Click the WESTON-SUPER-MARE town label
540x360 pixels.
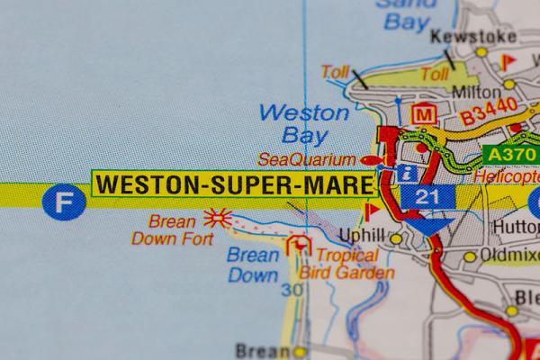click(234, 184)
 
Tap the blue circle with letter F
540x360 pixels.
click(60, 201)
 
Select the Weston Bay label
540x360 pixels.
click(303, 124)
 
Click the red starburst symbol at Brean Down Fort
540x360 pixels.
click(217, 217)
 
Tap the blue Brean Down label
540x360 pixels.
click(253, 265)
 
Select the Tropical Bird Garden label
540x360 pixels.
click(346, 265)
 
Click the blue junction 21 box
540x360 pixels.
click(421, 196)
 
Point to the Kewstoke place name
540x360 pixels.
click(473, 37)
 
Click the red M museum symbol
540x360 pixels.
click(422, 114)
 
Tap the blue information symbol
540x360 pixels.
click(409, 171)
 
